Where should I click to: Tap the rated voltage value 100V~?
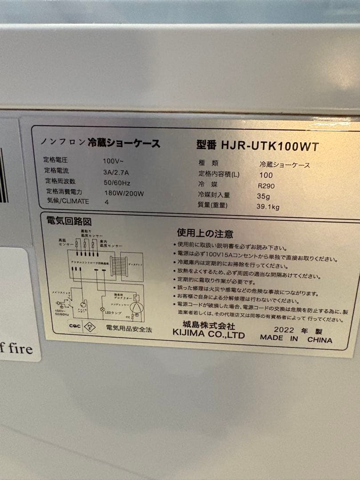point(111,160)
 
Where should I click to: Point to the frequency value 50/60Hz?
point(116,182)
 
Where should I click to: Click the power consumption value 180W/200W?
point(123,193)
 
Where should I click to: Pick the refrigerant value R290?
point(266,185)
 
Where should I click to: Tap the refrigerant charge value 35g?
point(264,196)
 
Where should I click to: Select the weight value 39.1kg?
point(268,207)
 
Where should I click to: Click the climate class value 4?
point(106,202)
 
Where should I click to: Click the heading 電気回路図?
point(69,221)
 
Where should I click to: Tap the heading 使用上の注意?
point(205,233)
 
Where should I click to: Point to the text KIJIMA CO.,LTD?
point(208,335)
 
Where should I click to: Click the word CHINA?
point(320,340)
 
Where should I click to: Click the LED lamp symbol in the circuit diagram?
point(103,308)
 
